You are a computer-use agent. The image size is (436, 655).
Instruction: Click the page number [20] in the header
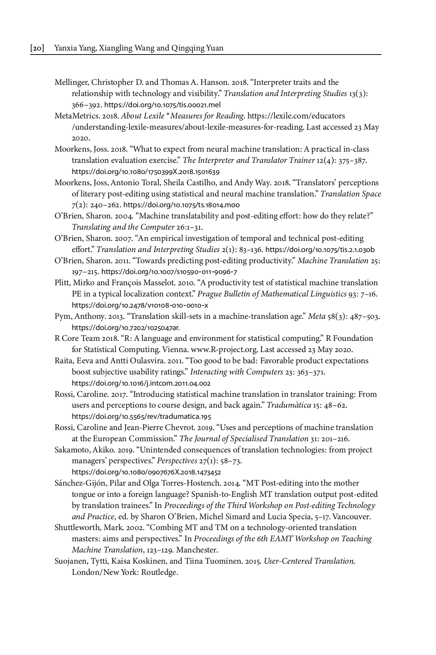[x=37, y=48]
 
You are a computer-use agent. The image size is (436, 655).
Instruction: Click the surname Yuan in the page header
[x=215, y=48]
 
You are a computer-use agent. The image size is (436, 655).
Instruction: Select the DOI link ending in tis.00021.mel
[x=162, y=105]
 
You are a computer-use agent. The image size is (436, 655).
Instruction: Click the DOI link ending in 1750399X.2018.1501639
[x=145, y=172]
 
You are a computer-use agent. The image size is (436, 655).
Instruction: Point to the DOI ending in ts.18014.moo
[x=181, y=205]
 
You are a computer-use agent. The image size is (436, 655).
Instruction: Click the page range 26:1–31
[x=189, y=227]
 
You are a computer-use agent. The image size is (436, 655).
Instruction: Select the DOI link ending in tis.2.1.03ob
[x=320, y=250]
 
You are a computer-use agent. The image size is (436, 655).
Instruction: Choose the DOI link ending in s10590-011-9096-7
[x=169, y=272]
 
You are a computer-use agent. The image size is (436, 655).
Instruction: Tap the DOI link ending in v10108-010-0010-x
[x=140, y=305]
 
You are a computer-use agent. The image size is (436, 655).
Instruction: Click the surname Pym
[x=62, y=317]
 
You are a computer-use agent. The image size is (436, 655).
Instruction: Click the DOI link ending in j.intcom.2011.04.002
[x=141, y=383]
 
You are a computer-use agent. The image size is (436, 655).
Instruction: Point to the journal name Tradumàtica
[x=289, y=405]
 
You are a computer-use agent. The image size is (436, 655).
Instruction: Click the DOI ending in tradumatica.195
[x=141, y=417]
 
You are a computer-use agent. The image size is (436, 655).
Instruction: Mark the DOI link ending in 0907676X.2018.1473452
[x=146, y=472]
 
